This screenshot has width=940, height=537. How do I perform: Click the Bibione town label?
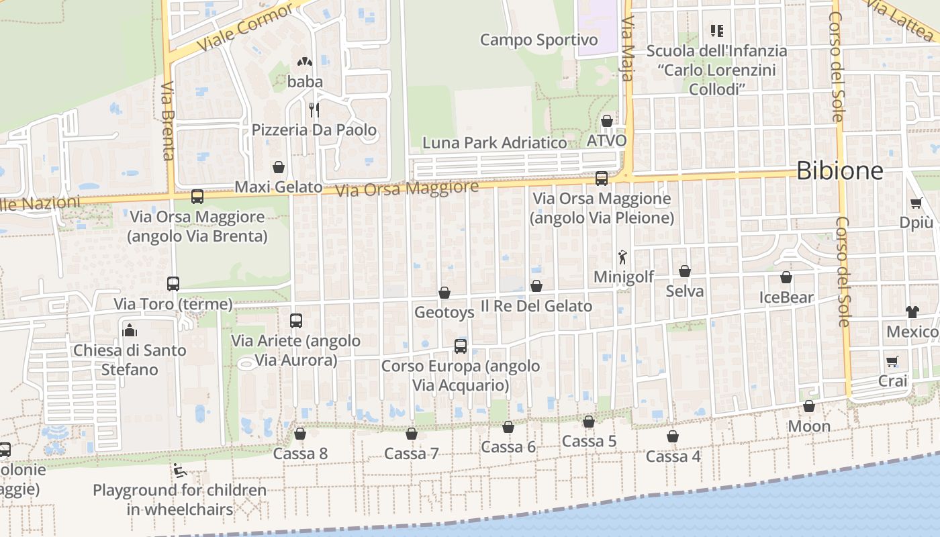pos(839,171)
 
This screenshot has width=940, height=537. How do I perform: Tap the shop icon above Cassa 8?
pos(300,434)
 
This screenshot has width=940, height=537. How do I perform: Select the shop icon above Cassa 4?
pos(673,436)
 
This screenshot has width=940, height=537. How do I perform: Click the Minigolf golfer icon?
pos(623,256)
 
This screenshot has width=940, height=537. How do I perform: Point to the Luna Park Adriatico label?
pos(494,142)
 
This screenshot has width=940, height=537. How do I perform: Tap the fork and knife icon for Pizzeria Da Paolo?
pos(314,109)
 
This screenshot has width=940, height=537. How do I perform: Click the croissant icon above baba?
pos(305,62)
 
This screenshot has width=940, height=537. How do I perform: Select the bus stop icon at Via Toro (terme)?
pos(173,284)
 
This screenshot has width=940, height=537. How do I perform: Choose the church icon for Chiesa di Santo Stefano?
pos(130,330)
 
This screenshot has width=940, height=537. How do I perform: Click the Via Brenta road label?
pos(168,121)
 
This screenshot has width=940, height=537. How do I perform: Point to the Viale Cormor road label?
pos(246,28)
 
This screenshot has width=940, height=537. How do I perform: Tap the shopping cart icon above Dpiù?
pos(916,203)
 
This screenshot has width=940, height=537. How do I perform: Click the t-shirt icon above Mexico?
pos(912,311)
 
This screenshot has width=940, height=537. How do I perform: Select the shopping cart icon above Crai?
pos(892,361)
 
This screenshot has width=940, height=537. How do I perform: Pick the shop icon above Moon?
pos(809,406)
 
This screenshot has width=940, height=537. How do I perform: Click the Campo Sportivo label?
pos(538,40)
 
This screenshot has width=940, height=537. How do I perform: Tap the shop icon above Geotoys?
pos(444,293)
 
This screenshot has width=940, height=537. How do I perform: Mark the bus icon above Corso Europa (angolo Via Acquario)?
pos(461,346)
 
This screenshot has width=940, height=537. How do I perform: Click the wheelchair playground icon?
pos(179,471)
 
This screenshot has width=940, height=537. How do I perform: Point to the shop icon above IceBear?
pos(786,277)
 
